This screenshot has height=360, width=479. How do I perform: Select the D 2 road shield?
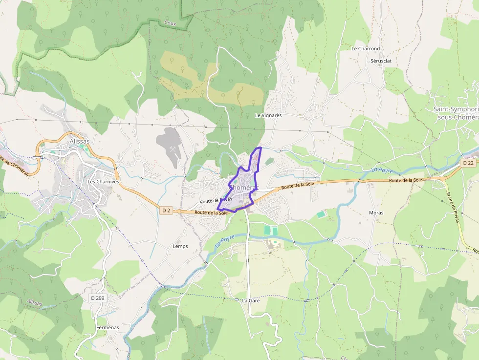[166, 210]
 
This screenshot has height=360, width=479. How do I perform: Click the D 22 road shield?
[468, 163]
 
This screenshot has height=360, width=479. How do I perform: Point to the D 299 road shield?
[98, 297]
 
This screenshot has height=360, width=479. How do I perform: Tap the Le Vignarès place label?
[268, 116]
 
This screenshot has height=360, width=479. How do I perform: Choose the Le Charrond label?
[366, 49]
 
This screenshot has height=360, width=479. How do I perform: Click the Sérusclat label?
[382, 61]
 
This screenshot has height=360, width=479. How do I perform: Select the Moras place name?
[376, 213]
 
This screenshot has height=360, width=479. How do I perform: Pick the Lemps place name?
[180, 246]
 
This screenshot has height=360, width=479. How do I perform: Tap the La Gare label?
[251, 301]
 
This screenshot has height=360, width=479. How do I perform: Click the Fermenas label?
[108, 327]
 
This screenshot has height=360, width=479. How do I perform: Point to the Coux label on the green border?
[170, 23]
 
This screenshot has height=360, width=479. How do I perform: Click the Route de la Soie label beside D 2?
[211, 212]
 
